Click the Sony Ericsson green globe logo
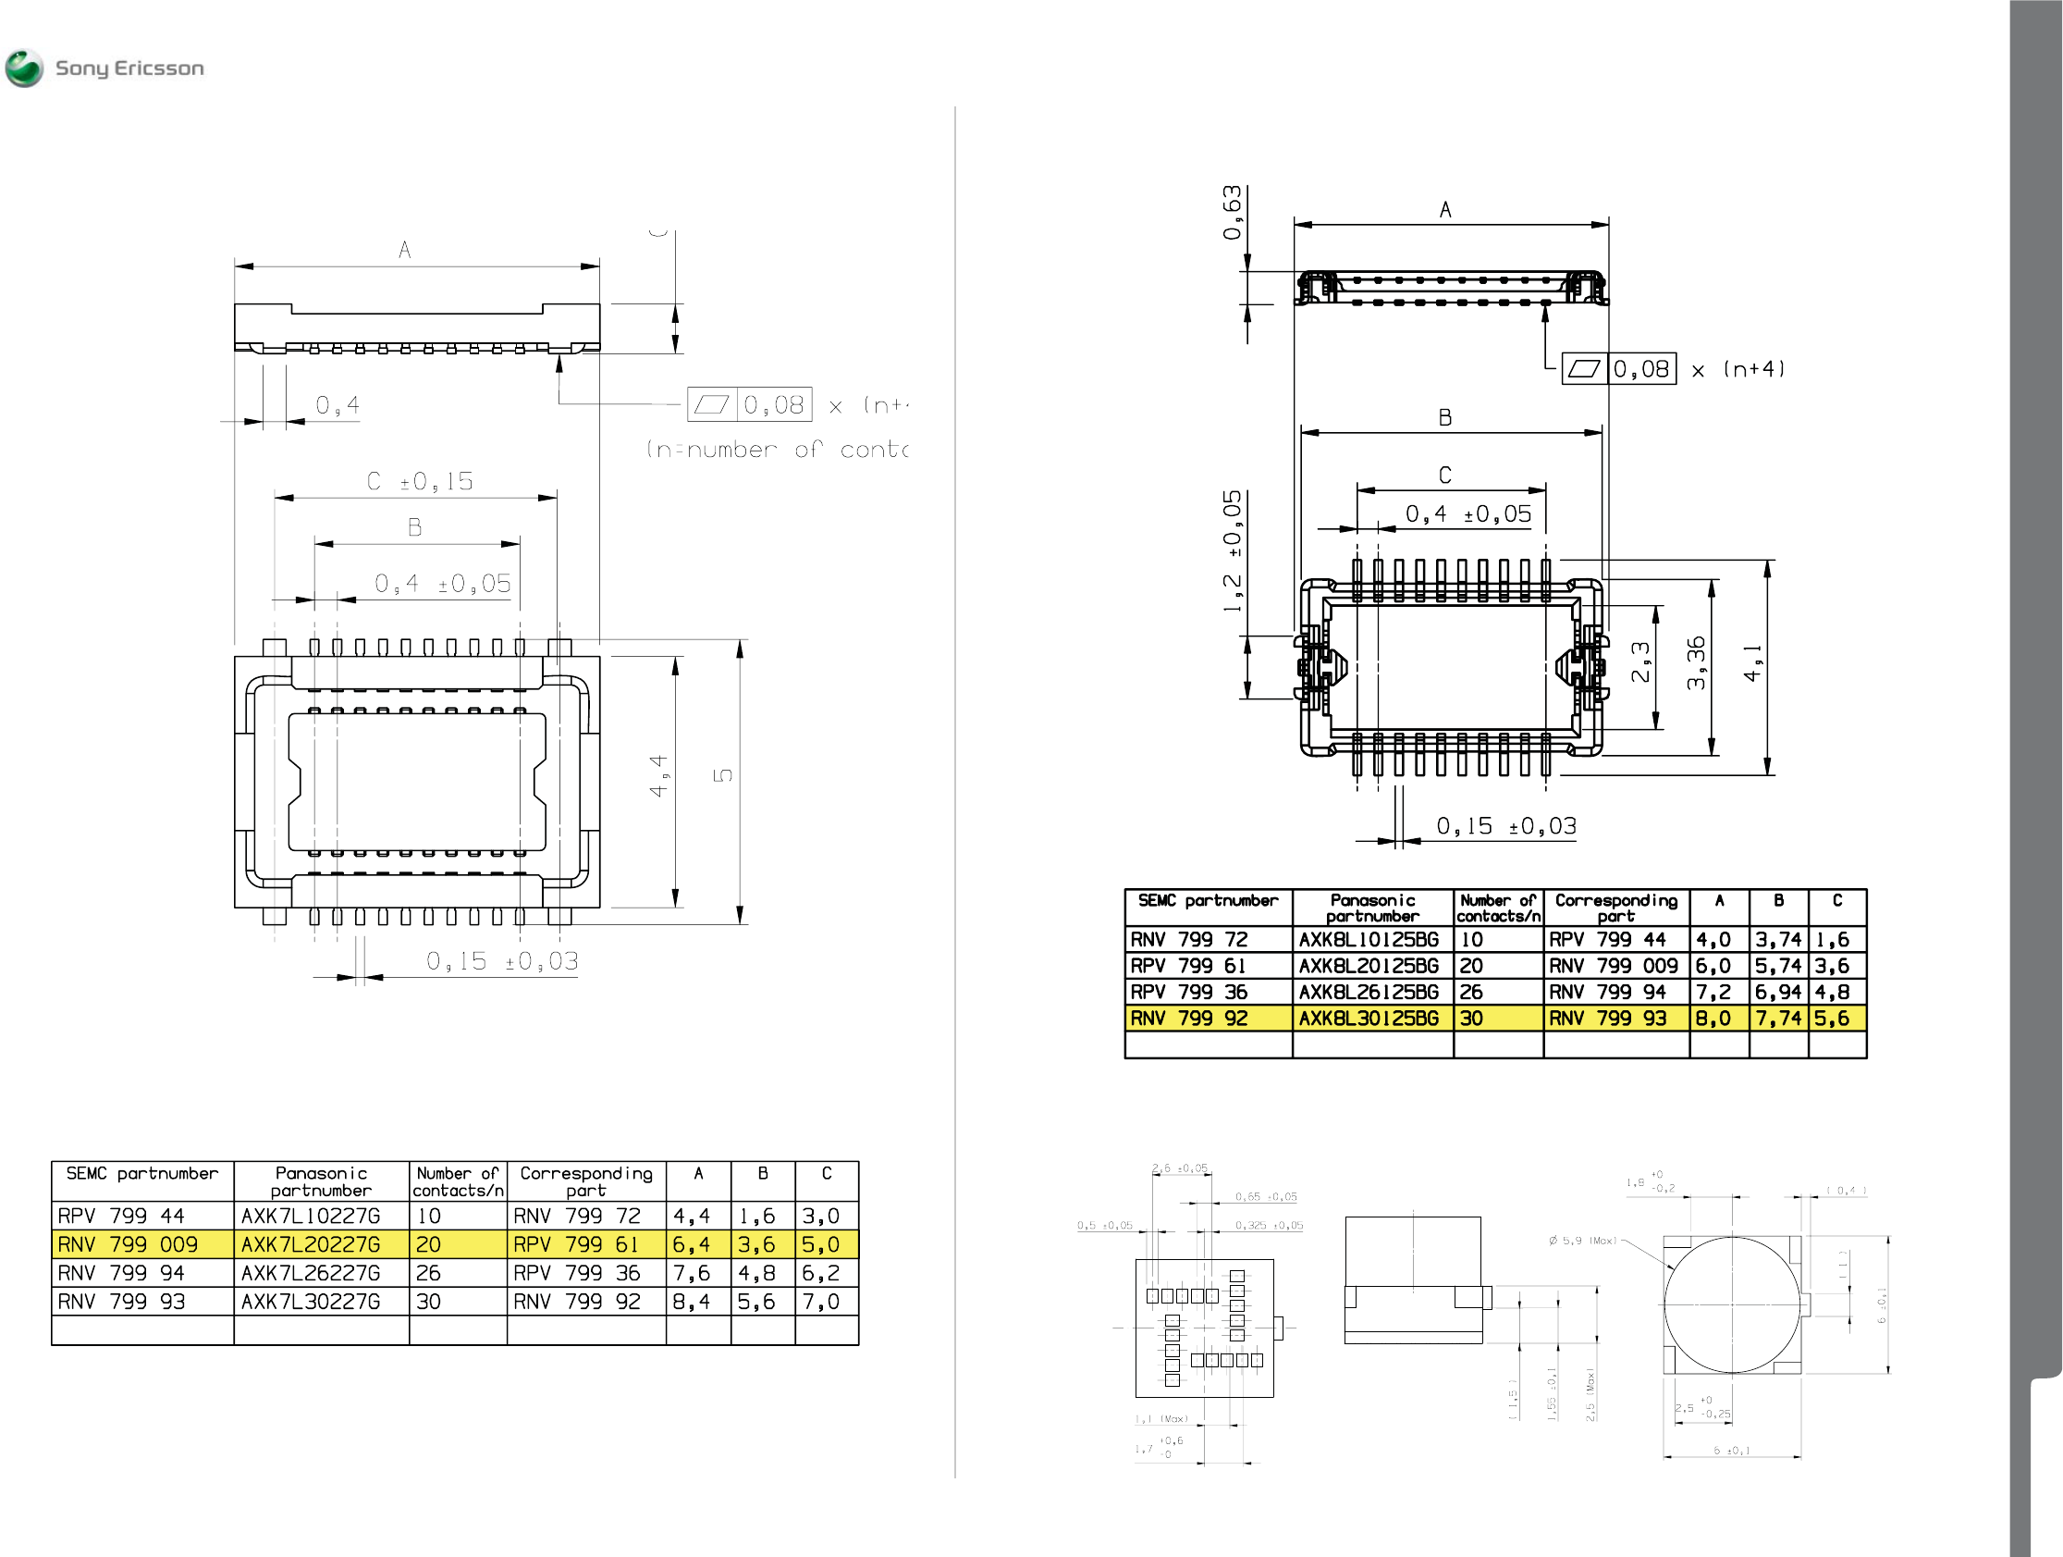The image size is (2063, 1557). tap(24, 68)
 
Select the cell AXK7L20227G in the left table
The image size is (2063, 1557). tap(311, 1244)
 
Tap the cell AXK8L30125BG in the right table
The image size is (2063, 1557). tap(1369, 1018)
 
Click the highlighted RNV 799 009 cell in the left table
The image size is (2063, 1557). tap(128, 1244)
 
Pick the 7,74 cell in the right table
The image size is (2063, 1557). tap(1777, 1018)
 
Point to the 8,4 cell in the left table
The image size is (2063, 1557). tap(691, 1302)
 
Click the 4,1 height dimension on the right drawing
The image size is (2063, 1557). tap(1752, 662)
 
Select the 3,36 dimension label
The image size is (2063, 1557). tap(1697, 662)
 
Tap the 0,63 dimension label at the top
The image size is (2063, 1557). tap(1233, 213)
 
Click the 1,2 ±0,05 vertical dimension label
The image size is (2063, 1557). tap(1233, 550)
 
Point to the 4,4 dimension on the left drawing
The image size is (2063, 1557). tap(658, 776)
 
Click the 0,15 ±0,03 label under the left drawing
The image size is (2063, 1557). tap(503, 961)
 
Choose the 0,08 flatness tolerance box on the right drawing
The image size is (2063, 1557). tap(1641, 369)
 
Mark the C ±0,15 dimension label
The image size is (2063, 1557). tap(420, 481)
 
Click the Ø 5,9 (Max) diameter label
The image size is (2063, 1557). tap(1582, 1241)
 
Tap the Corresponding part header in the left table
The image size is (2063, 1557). tap(585, 1181)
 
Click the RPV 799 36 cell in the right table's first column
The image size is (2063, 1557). tap(1189, 992)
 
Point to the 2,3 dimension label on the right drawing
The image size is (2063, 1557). tap(1640, 662)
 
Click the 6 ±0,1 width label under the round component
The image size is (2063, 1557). tap(1732, 1451)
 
